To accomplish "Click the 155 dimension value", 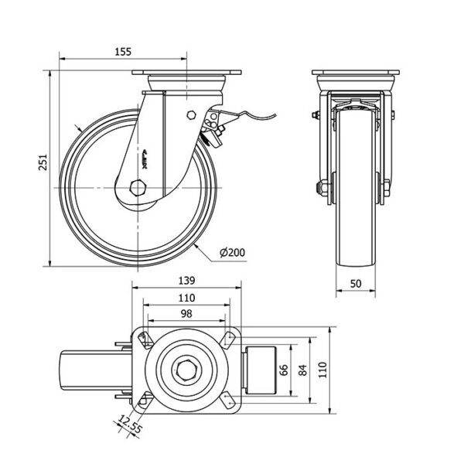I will tap(121, 51).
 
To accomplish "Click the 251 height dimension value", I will tap(44, 161).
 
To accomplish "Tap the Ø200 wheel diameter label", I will tap(233, 252).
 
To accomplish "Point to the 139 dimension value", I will tap(185, 281).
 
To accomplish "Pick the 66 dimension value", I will tap(284, 369).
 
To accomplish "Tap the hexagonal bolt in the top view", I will tap(185, 369).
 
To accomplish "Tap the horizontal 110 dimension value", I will tap(185, 297).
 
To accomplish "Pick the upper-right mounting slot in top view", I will tap(229, 338).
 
